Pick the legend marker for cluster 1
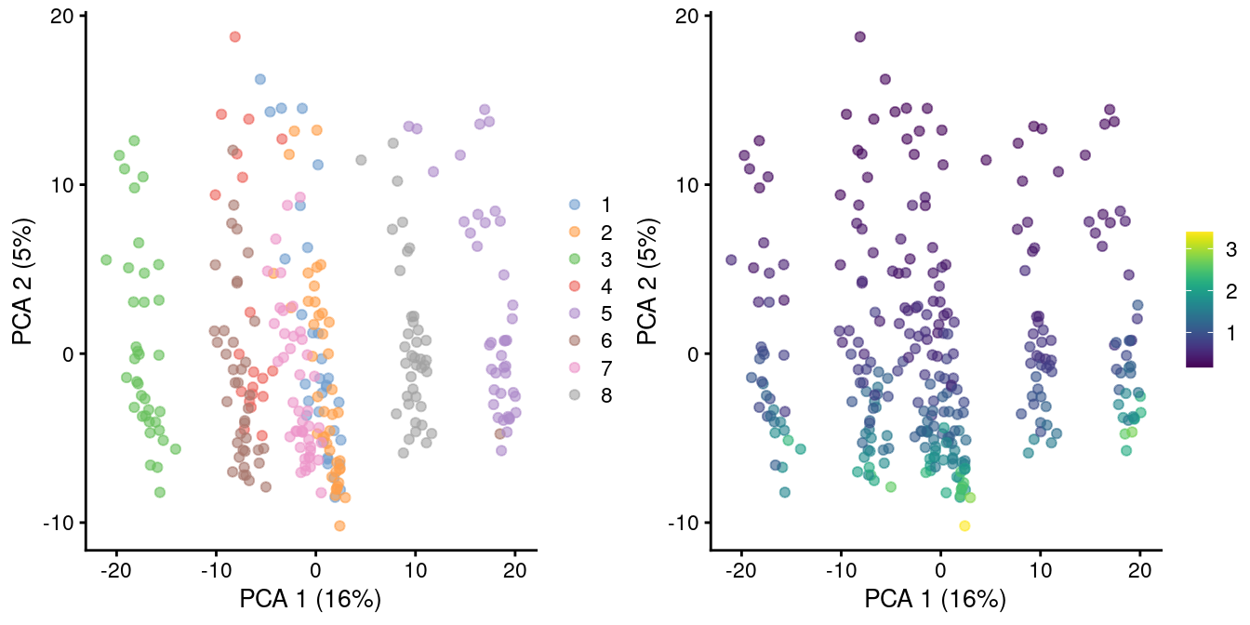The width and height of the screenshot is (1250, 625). (x=575, y=204)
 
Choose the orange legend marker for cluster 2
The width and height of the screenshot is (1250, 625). (x=575, y=231)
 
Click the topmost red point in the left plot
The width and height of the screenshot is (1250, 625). (x=235, y=36)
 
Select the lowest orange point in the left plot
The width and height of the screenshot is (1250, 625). (x=339, y=525)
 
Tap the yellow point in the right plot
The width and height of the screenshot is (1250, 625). (x=964, y=525)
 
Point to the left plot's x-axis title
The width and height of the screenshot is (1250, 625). (x=311, y=598)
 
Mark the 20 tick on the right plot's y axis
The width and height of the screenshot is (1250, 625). (x=689, y=16)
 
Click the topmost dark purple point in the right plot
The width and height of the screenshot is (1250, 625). (x=860, y=36)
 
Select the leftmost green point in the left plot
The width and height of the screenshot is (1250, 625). (x=106, y=259)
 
